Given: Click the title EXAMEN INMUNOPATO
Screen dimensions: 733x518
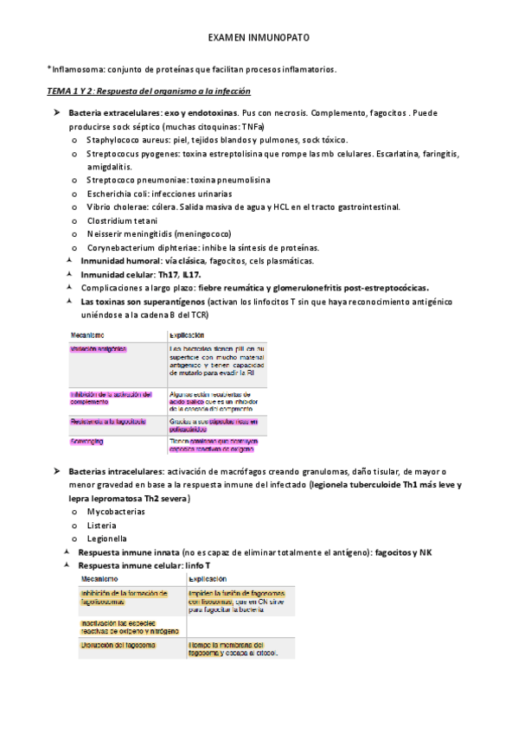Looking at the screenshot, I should [x=259, y=40].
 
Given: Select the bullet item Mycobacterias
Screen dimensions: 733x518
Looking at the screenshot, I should [x=116, y=512].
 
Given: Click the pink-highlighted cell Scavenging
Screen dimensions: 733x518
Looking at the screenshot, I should [x=87, y=442].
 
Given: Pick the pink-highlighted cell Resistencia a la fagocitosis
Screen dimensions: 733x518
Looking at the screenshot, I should [x=108, y=422].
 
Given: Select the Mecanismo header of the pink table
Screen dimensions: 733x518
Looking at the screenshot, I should [x=88, y=335].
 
